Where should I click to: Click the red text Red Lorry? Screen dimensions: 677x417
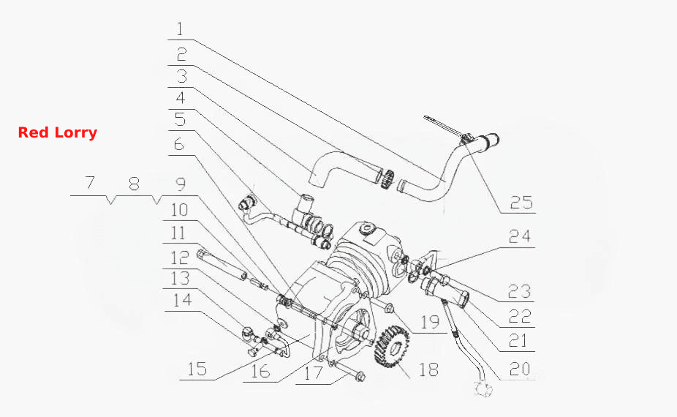(x=58, y=132)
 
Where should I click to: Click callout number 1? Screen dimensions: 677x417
(x=180, y=29)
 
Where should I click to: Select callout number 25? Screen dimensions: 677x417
(x=521, y=202)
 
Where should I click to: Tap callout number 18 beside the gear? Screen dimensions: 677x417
(x=428, y=369)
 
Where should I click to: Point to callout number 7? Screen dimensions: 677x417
(x=89, y=182)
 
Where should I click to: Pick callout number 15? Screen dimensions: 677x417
(x=197, y=369)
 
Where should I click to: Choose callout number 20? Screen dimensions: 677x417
(x=520, y=369)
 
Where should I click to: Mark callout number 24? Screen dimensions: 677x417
(x=519, y=236)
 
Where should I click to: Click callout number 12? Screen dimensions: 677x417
(x=180, y=258)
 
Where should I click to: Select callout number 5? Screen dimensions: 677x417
(x=180, y=119)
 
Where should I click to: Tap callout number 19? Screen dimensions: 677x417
(x=430, y=322)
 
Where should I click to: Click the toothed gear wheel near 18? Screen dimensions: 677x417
(x=392, y=346)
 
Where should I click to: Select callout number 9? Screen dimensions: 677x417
(x=181, y=184)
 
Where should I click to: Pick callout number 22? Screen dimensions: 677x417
(x=519, y=317)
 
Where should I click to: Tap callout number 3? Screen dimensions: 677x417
(x=182, y=76)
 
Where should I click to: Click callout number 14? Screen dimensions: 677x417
(x=182, y=299)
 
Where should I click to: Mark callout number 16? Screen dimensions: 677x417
(x=260, y=371)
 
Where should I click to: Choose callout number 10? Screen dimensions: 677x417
(x=179, y=210)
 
